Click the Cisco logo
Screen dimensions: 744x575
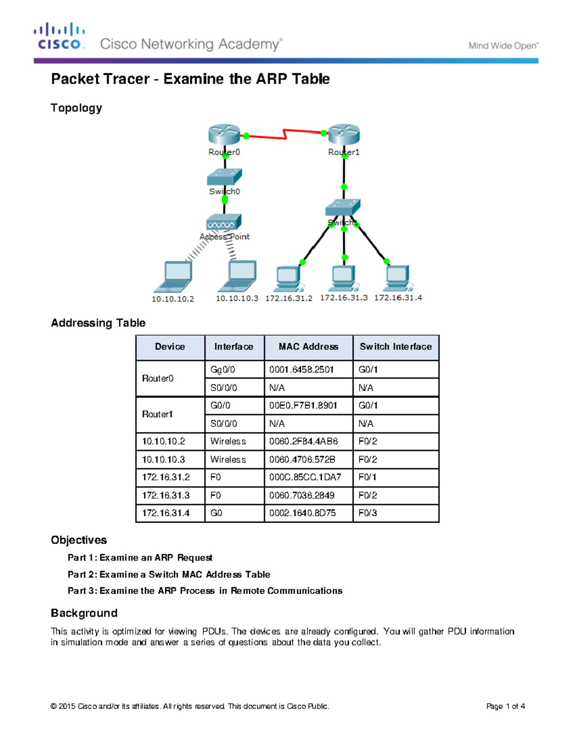coord(59,36)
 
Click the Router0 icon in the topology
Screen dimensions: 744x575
coord(224,134)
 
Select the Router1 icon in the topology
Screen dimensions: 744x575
coord(344,134)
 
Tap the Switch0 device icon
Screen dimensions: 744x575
coord(224,177)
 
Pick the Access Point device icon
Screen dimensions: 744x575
coord(224,222)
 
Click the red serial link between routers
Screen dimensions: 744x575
coord(285,134)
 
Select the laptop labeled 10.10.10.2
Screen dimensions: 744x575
coord(173,277)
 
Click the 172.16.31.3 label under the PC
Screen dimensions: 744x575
coord(344,298)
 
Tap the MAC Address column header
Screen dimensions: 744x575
coord(308,347)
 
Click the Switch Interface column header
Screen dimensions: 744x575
coord(395,347)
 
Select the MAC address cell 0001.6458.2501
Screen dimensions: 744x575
coord(301,369)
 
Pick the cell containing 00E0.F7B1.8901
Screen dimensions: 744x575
coord(303,405)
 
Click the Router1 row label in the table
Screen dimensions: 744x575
coord(157,414)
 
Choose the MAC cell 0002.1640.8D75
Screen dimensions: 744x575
coord(302,513)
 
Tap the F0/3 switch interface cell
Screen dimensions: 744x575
coord(368,513)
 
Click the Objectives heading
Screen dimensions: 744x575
coord(79,540)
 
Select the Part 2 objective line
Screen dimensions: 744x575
coord(169,574)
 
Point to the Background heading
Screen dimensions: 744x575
coord(84,613)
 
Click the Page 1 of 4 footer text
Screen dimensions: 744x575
coord(505,706)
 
